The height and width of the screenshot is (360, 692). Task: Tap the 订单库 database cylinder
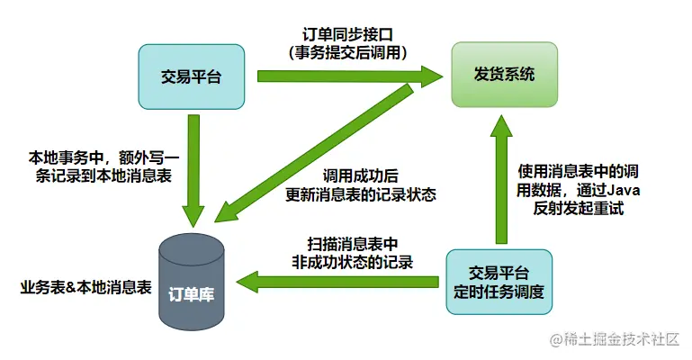point(190,283)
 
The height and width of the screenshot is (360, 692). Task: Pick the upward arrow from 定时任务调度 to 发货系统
point(502,180)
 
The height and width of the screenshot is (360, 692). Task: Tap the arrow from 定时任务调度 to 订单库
point(342,281)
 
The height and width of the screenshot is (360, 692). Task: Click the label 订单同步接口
point(355,33)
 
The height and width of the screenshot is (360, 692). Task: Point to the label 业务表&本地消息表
point(85,289)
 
